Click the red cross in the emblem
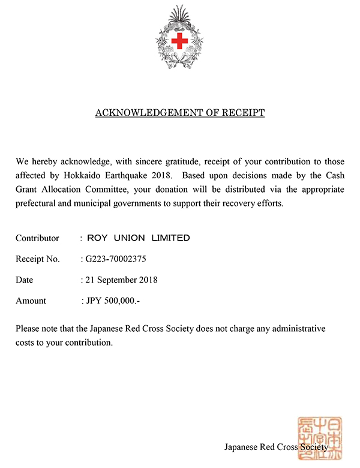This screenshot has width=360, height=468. tap(179, 41)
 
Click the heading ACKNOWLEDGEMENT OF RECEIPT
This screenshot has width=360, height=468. tap(180, 113)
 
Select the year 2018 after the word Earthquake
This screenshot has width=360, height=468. tap(163, 176)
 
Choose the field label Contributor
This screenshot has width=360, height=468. tap(37, 238)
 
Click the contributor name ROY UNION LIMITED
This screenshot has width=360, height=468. tap(139, 238)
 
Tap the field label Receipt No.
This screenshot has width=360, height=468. tap(38, 259)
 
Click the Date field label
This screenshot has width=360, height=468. tap(25, 280)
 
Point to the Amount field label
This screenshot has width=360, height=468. tap(31, 301)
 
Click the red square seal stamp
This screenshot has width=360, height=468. tap(317, 436)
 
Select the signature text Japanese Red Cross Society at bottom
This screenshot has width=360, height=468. tap(276, 447)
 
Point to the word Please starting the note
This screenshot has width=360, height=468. tap(28, 329)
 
